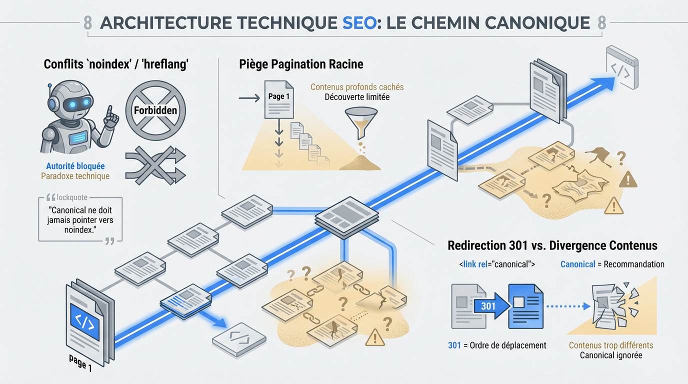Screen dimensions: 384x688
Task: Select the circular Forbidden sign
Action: [155, 109]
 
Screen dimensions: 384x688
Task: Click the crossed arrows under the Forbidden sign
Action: [155, 165]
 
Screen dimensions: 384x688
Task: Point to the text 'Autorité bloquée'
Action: [75, 166]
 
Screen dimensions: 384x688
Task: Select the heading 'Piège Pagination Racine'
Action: [301, 64]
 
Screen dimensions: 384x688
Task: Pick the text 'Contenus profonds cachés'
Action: [356, 87]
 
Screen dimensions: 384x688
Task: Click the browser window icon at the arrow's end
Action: [622, 67]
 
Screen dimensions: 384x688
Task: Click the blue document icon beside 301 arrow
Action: [525, 306]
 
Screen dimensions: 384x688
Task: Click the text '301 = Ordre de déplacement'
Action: [497, 345]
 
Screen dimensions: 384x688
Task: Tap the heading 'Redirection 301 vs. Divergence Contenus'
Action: [552, 245]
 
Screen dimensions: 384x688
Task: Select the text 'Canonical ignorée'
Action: [610, 355]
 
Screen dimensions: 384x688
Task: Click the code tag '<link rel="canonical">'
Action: [496, 264]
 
